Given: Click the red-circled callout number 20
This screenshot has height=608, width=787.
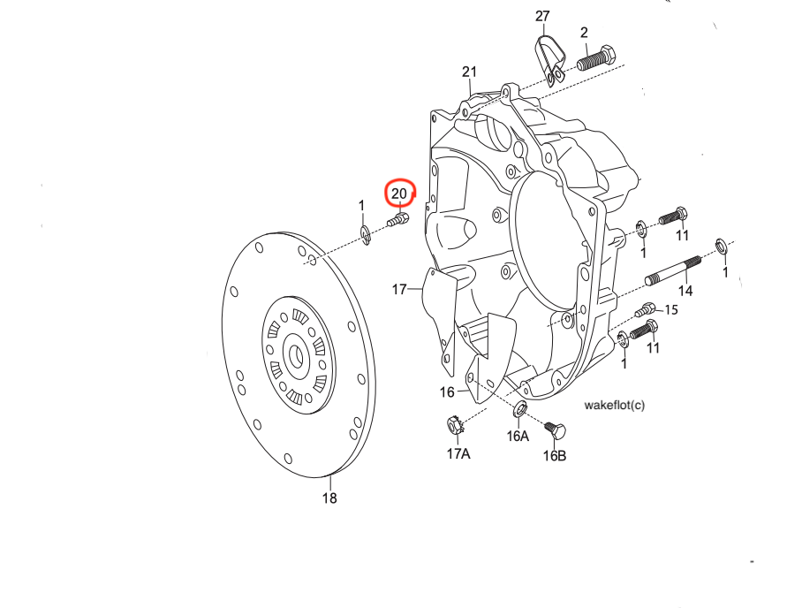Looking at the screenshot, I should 399,193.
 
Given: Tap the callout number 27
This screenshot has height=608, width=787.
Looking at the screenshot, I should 542,17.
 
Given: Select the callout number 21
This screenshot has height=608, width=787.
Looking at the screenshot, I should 469,72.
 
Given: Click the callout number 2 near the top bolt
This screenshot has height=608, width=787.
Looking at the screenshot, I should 584,33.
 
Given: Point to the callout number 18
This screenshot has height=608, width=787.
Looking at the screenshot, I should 329,498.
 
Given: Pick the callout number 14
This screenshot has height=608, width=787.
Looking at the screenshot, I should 685,291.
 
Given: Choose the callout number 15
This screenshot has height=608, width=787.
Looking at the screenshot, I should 671,310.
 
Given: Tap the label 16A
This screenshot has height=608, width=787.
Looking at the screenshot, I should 518,436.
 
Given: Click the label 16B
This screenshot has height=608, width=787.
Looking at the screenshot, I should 555,456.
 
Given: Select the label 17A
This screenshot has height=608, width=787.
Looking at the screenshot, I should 458,454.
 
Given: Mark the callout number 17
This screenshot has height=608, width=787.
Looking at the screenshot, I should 400,289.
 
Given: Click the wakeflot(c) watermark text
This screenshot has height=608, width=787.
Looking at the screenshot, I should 615,406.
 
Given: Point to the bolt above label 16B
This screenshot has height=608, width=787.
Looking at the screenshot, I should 556,430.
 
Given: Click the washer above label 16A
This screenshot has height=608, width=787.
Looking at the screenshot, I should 520,409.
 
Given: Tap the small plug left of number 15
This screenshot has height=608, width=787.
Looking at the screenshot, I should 647,309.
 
